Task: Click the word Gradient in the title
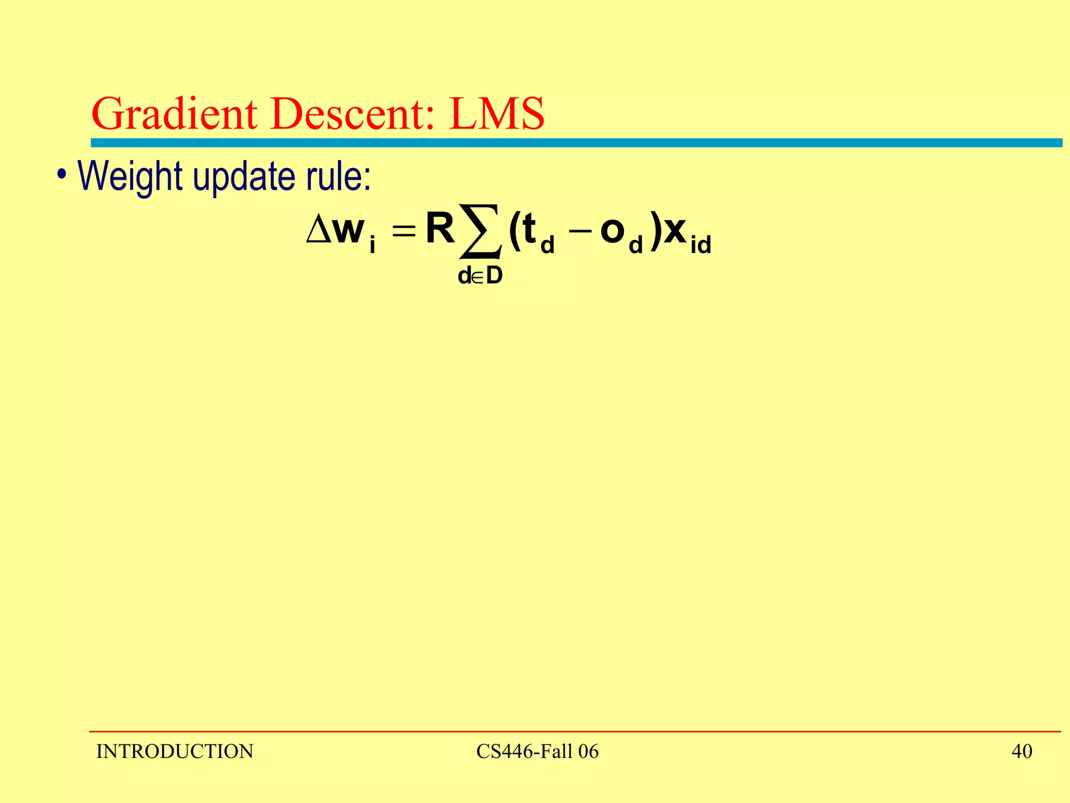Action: click(175, 114)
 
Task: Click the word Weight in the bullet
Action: click(130, 177)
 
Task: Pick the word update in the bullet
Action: click(245, 178)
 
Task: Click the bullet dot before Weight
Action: click(62, 174)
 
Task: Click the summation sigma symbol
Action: click(480, 232)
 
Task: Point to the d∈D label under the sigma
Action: click(480, 276)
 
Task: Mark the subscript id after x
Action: click(701, 245)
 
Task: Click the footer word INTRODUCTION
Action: click(175, 752)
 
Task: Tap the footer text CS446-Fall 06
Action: click(537, 752)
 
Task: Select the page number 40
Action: click(1022, 752)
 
